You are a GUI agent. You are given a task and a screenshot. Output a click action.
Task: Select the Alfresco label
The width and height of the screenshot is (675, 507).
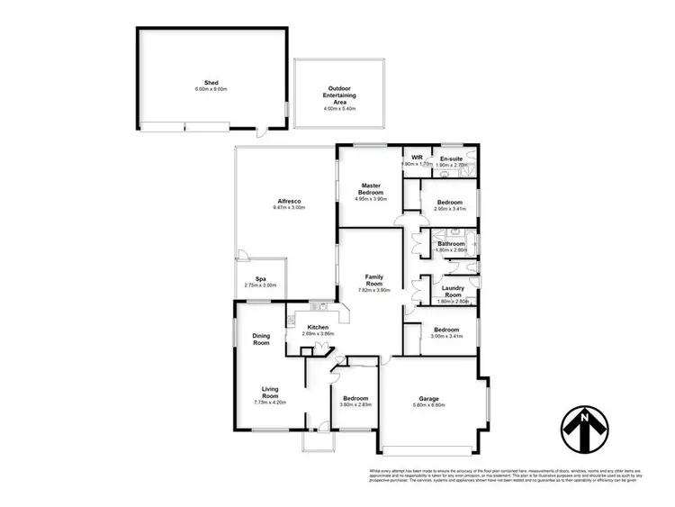(289, 200)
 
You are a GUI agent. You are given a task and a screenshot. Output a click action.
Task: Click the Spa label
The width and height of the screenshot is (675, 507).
(261, 278)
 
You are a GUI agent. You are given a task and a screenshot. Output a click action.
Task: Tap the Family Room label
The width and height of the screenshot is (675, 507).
(375, 281)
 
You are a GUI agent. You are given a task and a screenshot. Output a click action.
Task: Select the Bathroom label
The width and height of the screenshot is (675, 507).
(451, 243)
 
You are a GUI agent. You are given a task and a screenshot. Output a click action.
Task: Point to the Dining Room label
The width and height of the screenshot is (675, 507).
(261, 339)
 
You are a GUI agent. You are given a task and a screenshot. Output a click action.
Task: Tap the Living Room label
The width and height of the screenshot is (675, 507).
(270, 392)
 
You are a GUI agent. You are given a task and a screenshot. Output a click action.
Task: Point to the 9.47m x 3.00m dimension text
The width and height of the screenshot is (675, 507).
(289, 207)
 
